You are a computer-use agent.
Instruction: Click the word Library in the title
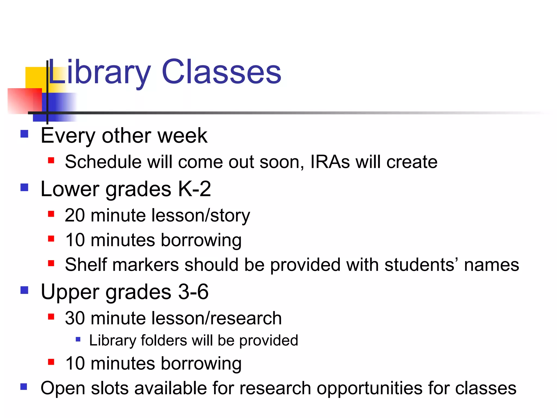(99, 72)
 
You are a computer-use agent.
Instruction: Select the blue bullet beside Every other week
(24, 134)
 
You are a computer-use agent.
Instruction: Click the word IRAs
(330, 162)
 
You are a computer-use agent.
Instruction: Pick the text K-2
(194, 189)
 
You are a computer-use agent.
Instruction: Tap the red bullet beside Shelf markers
(51, 263)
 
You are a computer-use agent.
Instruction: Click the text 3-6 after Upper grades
(193, 291)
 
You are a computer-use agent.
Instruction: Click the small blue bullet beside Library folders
(78, 339)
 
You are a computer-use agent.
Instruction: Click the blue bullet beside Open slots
(24, 387)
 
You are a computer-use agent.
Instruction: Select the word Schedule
(103, 162)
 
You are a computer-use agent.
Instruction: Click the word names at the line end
(491, 265)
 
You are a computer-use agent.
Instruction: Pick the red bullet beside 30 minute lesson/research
(51, 316)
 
